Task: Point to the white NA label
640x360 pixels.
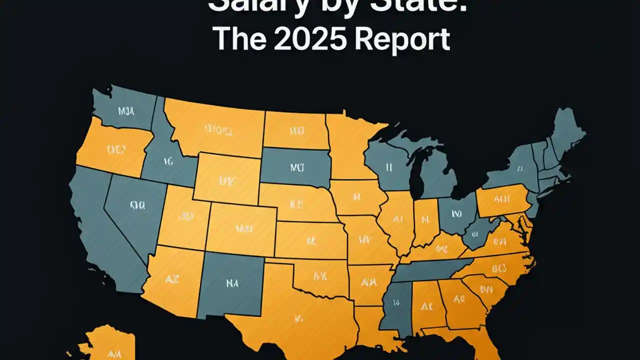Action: click(231, 283)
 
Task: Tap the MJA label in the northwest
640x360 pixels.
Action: click(126, 111)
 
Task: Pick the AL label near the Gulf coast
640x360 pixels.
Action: click(426, 306)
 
